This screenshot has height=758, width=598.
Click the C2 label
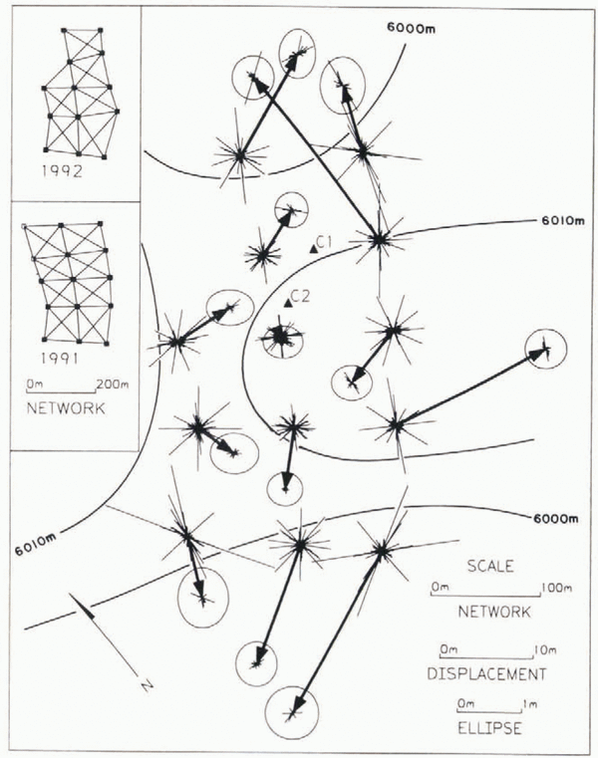302,296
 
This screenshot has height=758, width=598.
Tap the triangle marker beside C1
313,249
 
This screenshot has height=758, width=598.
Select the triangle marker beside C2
287,302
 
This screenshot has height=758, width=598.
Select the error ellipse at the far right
544,349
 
